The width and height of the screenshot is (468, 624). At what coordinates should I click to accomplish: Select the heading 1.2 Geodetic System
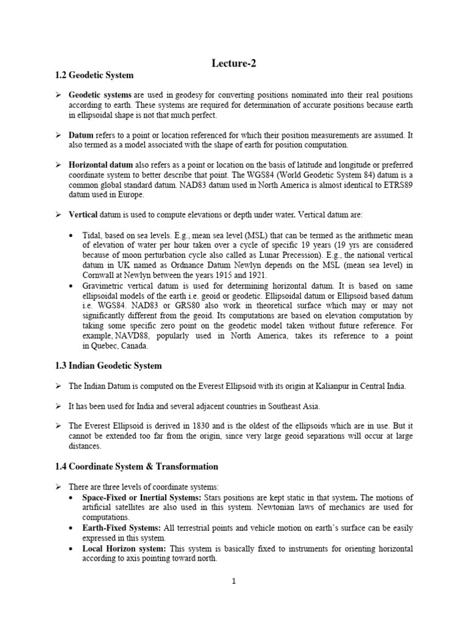(94, 76)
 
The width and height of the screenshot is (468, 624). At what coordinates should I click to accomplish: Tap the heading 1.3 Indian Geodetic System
(108, 365)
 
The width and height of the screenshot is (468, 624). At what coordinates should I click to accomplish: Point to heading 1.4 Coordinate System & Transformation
(136, 467)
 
